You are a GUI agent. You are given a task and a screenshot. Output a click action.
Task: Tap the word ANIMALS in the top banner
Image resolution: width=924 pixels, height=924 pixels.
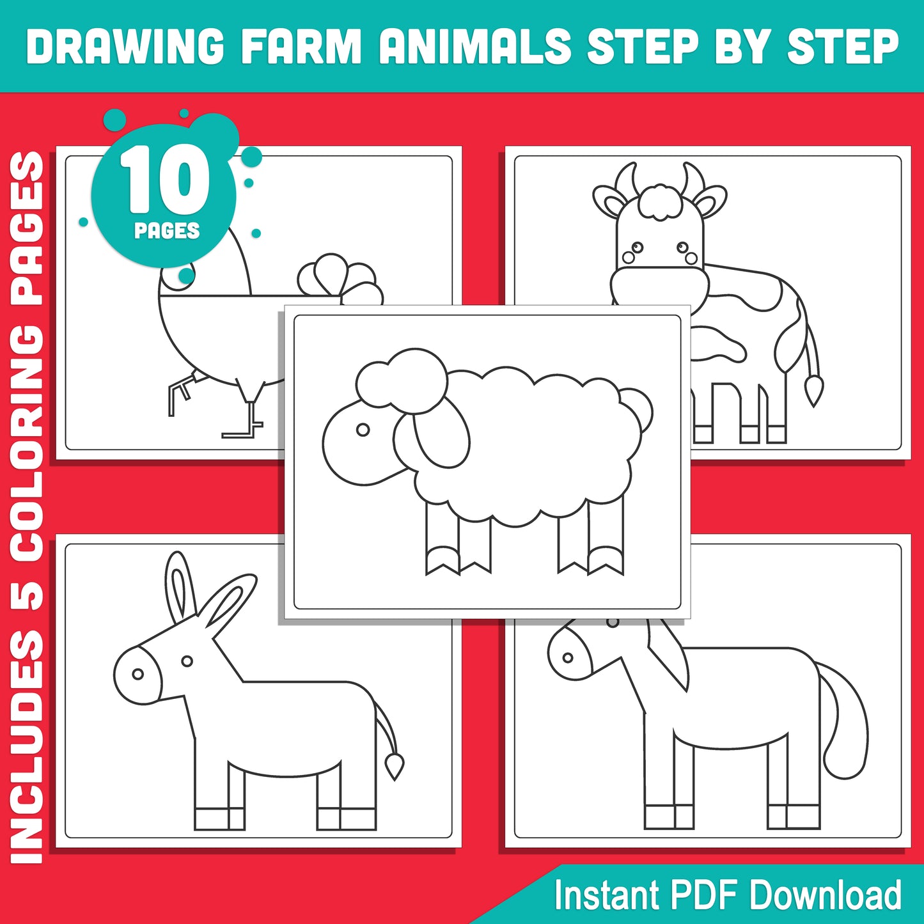[x=474, y=47]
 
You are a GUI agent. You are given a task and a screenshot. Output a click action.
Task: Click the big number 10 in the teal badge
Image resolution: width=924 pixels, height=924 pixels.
[x=165, y=181]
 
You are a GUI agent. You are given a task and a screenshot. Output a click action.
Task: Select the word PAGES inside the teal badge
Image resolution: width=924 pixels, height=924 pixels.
[x=167, y=231]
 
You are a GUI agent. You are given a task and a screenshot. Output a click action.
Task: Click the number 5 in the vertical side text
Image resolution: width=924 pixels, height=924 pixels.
[x=29, y=595]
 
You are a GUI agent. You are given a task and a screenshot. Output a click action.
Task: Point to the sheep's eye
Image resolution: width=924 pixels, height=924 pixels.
[x=363, y=430]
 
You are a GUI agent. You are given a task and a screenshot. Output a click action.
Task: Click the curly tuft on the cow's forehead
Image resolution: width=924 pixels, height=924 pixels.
[x=660, y=201]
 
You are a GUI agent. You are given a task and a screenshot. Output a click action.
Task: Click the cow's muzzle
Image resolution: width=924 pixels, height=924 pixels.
[x=659, y=288]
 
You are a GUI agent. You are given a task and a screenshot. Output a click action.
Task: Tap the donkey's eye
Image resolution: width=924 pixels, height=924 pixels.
[x=187, y=661]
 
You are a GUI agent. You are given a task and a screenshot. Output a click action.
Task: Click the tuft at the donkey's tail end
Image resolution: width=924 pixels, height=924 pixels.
[x=394, y=765]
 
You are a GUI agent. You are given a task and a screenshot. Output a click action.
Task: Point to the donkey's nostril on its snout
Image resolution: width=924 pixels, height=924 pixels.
[x=137, y=674]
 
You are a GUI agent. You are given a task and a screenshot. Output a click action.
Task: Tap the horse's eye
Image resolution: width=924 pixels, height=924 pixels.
[x=567, y=657]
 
